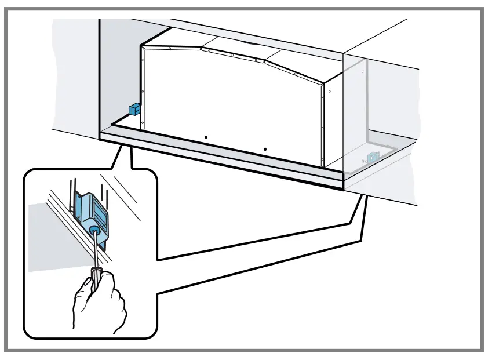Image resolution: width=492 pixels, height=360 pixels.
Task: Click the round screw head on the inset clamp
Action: pyautogui.click(x=93, y=231)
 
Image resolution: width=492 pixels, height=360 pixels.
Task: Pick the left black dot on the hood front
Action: pyautogui.click(x=206, y=137)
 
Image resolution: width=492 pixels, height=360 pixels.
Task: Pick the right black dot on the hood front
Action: pyautogui.click(x=265, y=150)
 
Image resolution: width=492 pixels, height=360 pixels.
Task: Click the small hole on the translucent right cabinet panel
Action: pyautogui.click(x=363, y=72)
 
